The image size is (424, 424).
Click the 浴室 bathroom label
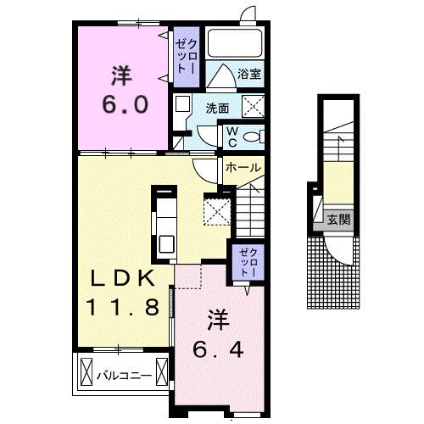click(x=249, y=74)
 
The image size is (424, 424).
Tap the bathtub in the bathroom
click(x=235, y=43)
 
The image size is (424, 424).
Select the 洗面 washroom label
click(x=217, y=109)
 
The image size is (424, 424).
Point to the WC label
click(x=232, y=137)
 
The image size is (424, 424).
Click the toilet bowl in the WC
click(x=252, y=137)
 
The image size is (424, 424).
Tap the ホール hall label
click(x=243, y=167)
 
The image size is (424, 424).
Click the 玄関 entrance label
click(x=339, y=219)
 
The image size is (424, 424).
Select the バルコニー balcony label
click(x=124, y=376)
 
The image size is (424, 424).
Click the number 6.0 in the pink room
click(x=125, y=104)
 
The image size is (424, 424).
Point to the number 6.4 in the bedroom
click(x=218, y=349)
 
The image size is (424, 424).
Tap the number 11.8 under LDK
click(x=122, y=308)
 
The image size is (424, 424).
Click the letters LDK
click(x=122, y=279)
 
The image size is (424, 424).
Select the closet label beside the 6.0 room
click(x=186, y=57)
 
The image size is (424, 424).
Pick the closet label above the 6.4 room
click(x=248, y=263)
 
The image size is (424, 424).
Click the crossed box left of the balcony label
click(x=86, y=371)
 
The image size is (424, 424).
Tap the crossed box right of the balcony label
click(x=162, y=371)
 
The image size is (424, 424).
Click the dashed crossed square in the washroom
click(x=254, y=107)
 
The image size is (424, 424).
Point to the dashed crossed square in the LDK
click(x=217, y=211)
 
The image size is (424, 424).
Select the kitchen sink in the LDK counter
click(x=166, y=244)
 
